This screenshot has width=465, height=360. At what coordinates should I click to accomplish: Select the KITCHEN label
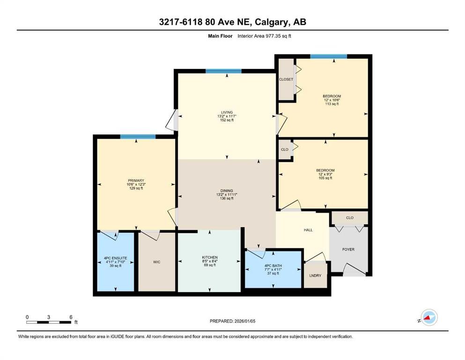209,257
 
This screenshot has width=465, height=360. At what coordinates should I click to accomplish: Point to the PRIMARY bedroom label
136,180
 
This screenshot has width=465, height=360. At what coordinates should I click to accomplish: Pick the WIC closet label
157,262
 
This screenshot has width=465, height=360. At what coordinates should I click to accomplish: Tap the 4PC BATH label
273,266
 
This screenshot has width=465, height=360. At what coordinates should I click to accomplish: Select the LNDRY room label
315,275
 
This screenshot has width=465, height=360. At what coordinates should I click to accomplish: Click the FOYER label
348,249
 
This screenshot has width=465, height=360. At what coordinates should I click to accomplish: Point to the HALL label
308,230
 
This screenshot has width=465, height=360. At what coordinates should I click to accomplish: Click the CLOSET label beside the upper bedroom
286,79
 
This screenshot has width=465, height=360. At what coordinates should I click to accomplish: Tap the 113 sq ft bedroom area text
332,104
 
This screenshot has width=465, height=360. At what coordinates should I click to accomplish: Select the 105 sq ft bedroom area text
325,178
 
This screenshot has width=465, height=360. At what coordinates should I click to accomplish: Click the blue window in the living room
223,71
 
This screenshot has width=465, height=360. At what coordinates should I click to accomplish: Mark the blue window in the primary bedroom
137,137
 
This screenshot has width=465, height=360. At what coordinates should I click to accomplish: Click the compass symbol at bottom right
428,318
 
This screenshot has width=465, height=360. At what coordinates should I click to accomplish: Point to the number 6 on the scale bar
70,317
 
